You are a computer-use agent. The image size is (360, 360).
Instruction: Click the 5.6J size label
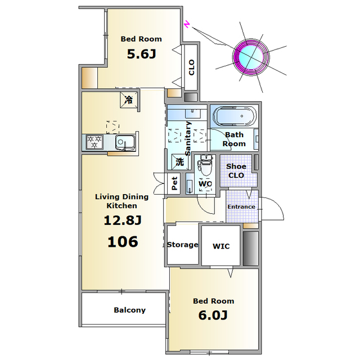(141, 54)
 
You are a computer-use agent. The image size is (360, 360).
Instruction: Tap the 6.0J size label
(213, 315)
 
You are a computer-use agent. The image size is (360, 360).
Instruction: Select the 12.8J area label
(123, 220)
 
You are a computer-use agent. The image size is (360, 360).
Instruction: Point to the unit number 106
(123, 242)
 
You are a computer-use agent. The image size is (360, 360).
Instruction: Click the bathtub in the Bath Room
(235, 116)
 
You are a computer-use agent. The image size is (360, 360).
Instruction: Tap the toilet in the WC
(205, 164)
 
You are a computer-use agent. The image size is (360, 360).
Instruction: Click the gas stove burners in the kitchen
(94, 142)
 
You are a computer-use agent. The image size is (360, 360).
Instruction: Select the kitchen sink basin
(125, 142)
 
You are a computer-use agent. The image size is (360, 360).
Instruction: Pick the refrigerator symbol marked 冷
(129, 100)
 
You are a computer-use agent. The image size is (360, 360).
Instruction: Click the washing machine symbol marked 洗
(180, 161)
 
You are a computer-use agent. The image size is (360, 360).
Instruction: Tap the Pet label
(174, 183)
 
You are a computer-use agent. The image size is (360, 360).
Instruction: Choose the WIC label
(221, 246)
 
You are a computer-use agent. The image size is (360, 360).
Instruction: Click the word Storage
(182, 245)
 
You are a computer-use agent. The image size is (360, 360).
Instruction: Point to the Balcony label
(130, 310)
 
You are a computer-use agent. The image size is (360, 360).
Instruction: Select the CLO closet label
(191, 67)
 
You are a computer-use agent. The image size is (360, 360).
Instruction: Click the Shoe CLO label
(236, 171)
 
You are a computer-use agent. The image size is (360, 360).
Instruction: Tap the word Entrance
(241, 206)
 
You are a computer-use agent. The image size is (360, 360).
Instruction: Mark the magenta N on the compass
(188, 24)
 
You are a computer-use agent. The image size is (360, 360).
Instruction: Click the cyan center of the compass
(251, 56)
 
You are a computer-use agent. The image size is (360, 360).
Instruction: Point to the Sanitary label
(188, 138)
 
